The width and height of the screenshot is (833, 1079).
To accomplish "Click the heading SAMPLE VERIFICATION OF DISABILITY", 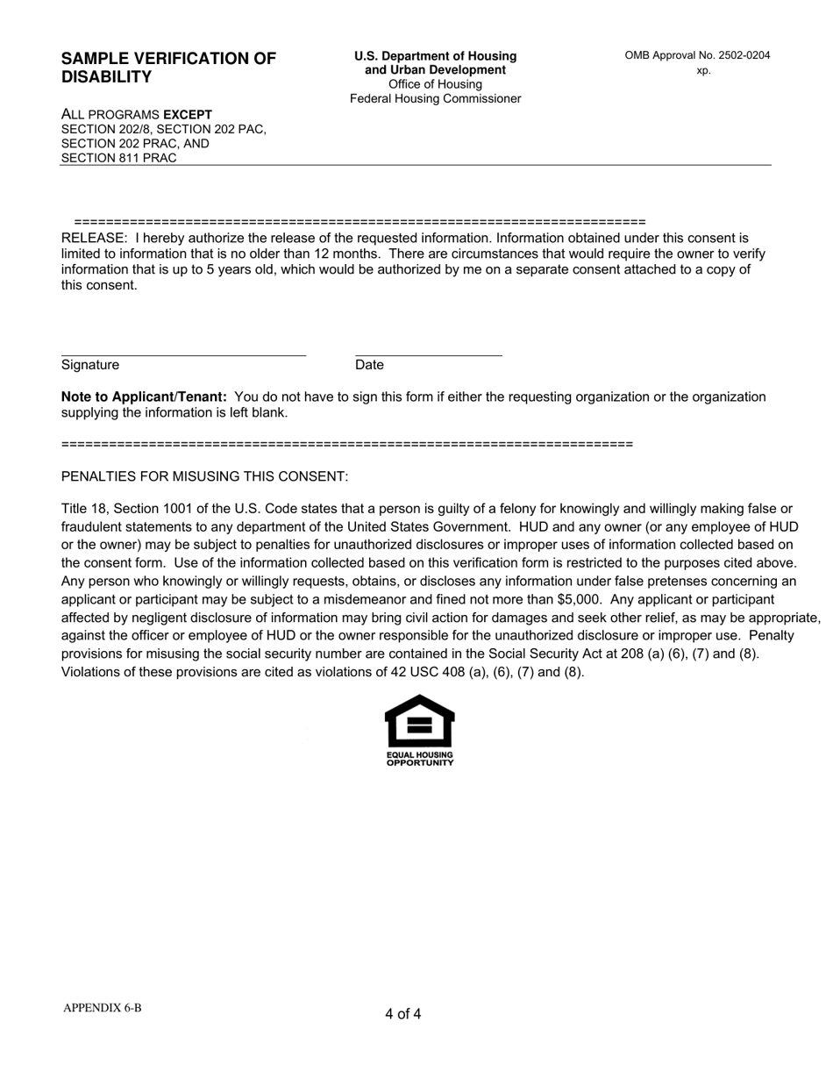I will (x=168, y=68).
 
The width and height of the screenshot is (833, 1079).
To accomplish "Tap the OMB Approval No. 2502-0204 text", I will (x=697, y=55).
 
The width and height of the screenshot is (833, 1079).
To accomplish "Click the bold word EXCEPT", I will (x=188, y=114).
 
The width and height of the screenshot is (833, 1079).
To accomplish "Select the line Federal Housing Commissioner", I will (x=435, y=98).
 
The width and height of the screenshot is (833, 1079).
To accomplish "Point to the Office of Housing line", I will (x=435, y=84).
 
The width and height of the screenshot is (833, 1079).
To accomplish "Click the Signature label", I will (x=90, y=365).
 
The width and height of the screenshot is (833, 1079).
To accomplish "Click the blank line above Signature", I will (x=183, y=354).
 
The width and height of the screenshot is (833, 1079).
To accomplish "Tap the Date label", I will (x=369, y=365).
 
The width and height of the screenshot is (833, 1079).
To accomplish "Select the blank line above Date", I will (x=428, y=354).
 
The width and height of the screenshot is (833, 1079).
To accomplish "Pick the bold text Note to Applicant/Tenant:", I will (x=144, y=397).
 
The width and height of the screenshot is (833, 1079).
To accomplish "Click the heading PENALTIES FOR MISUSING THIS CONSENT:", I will (x=204, y=476).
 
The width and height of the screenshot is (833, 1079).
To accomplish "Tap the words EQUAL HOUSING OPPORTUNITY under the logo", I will (x=420, y=759).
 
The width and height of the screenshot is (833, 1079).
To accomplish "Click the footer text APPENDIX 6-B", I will (x=102, y=1008).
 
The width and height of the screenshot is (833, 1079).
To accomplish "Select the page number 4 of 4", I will (x=402, y=1014).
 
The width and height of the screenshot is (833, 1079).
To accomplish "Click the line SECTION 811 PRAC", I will (x=118, y=158).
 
